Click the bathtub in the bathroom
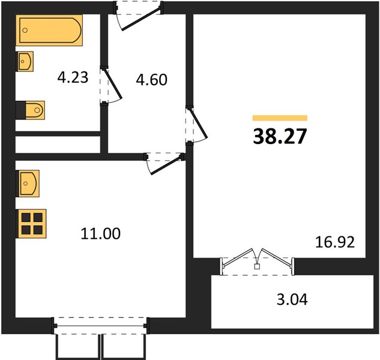click(49, 30)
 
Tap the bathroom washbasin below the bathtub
click(25, 61)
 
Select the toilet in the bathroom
click(30, 110)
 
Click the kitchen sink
click(28, 184)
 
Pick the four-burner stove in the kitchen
click(31, 224)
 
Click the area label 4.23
click(73, 77)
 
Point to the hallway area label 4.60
click(151, 79)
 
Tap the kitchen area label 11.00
click(101, 234)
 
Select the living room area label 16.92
click(335, 242)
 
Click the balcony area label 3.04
click(292, 299)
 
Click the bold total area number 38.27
click(280, 136)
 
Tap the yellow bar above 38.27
click(280, 118)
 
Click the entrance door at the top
click(138, 16)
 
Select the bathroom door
click(111, 86)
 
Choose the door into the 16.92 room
click(196, 125)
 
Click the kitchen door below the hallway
click(164, 163)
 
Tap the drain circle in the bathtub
click(25, 30)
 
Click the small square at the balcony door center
click(257, 267)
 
